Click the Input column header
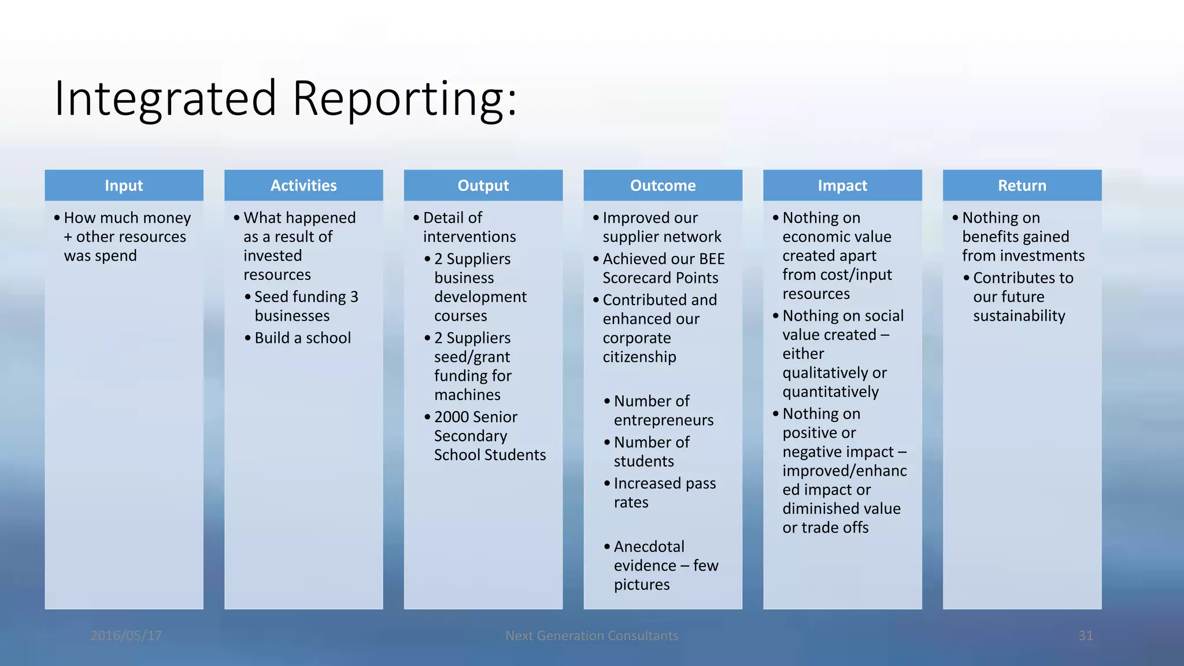click(x=124, y=186)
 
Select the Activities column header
click(x=304, y=186)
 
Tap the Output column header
click(x=483, y=186)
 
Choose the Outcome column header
click(x=663, y=186)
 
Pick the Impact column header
click(x=842, y=186)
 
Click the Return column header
click(x=1022, y=186)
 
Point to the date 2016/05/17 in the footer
click(x=126, y=636)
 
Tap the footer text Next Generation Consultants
click(x=591, y=636)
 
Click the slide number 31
click(x=1085, y=636)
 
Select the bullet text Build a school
click(x=302, y=338)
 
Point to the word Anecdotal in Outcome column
click(x=649, y=547)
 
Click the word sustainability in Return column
click(x=1019, y=316)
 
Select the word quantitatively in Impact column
click(x=830, y=392)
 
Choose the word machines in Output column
click(x=467, y=395)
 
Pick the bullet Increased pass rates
click(x=664, y=493)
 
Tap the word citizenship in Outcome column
click(x=639, y=357)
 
